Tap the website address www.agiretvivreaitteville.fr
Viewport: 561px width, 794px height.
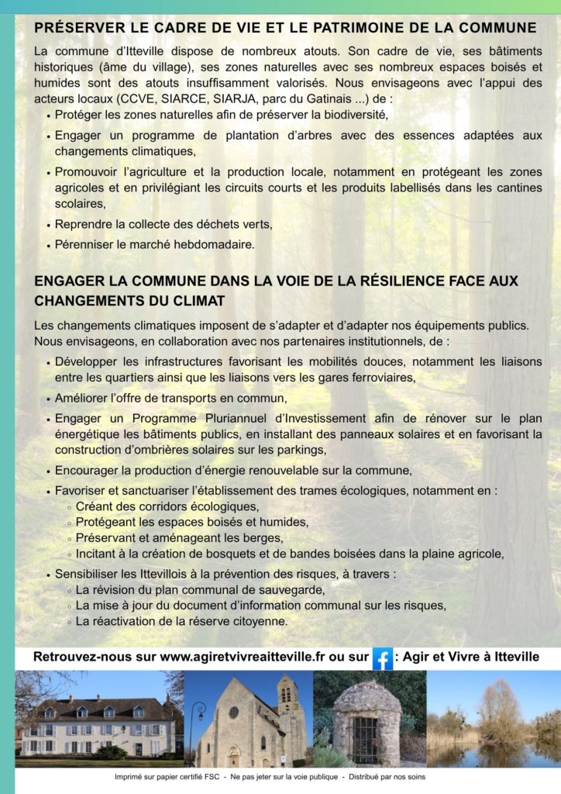coord(243,657)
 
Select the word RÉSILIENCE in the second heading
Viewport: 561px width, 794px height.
coord(393,280)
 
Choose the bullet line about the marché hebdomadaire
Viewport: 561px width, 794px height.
coord(154,244)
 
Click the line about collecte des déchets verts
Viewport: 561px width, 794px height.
coord(163,224)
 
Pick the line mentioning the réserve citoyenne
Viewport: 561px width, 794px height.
coord(181,621)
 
